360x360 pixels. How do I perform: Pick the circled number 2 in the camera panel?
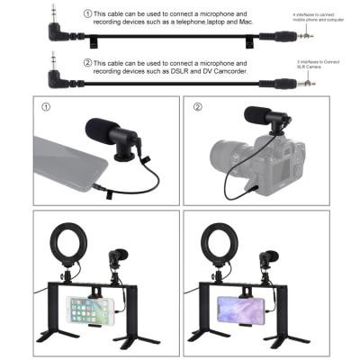tap(198, 106)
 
